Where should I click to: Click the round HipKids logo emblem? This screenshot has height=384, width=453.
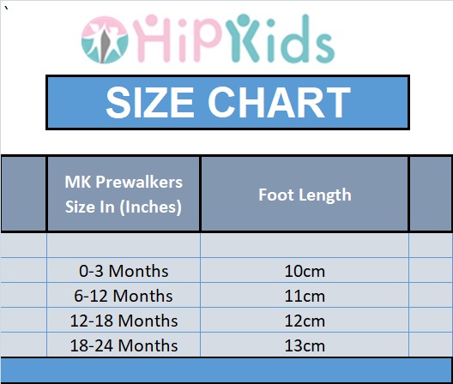tap(105, 39)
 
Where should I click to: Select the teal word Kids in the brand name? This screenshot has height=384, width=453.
tap(280, 38)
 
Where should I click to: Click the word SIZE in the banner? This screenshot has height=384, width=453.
tap(150, 103)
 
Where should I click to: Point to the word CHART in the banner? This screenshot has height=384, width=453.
tap(280, 103)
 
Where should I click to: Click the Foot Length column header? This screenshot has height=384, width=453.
tap(305, 195)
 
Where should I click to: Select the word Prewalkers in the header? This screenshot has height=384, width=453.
tap(139, 183)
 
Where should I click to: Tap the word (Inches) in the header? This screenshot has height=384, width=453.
tap(150, 207)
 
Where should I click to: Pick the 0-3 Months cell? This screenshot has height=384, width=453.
tap(124, 271)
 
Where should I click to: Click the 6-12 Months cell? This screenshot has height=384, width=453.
tap(124, 296)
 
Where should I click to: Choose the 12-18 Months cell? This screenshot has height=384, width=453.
tap(124, 321)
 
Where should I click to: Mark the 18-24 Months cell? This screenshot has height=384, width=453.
tap(124, 345)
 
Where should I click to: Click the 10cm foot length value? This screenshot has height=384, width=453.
tap(305, 272)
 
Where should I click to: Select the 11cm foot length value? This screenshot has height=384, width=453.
tap(305, 297)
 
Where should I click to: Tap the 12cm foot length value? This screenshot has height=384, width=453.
tap(305, 321)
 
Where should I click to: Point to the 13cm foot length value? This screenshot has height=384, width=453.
tap(305, 346)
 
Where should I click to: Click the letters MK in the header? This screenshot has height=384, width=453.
tap(78, 183)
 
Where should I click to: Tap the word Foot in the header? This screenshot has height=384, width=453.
tap(276, 195)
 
